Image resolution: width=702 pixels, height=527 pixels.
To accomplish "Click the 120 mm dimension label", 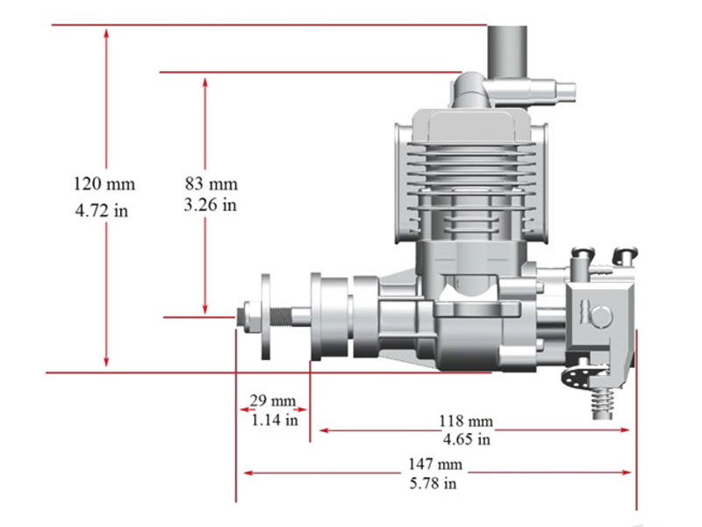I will pyautogui.click(x=105, y=184).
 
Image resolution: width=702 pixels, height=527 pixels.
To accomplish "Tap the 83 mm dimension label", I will pyautogui.click(x=211, y=184).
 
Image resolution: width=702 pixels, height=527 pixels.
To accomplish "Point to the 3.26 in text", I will pyautogui.click(x=211, y=206).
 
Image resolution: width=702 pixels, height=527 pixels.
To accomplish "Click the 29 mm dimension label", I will pyautogui.click(x=272, y=401).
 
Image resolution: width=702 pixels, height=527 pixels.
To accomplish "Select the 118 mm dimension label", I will pyautogui.click(x=466, y=421).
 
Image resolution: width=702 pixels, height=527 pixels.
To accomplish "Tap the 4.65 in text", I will pyautogui.click(x=466, y=439).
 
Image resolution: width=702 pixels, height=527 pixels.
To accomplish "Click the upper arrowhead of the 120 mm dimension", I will pyautogui.click(x=106, y=33).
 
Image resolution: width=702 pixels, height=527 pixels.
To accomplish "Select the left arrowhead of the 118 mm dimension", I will pyautogui.click(x=324, y=430).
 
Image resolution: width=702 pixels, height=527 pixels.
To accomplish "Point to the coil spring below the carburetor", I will pyautogui.click(x=603, y=401).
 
